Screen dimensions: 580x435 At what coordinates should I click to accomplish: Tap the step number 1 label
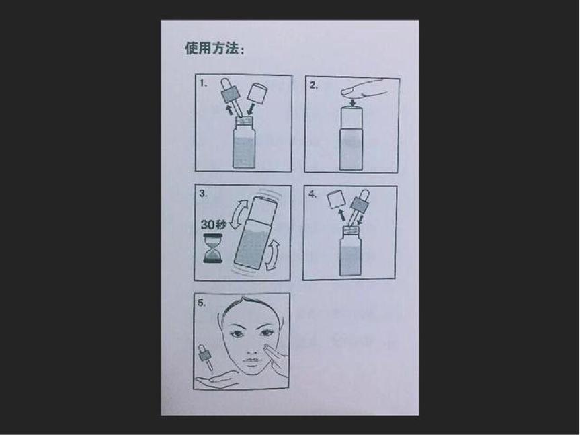[x=203, y=83]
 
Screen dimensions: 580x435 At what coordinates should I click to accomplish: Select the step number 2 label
[x=314, y=85]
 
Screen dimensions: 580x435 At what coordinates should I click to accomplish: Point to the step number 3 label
[x=203, y=194]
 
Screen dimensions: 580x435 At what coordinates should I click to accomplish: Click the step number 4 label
[x=313, y=194]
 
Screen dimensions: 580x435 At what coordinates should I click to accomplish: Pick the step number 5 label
[x=201, y=303]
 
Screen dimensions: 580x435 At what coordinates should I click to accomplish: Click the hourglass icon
[x=212, y=248]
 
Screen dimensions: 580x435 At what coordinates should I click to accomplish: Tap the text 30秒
[x=213, y=225]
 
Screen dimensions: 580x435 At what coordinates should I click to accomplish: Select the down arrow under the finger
[x=353, y=102]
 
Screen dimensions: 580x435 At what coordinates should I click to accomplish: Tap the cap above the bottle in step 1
[x=258, y=93]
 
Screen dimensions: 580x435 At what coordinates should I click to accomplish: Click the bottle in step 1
[x=244, y=143]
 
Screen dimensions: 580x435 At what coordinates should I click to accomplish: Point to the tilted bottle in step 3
[x=255, y=233]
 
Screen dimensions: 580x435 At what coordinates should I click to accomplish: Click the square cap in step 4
[x=336, y=200]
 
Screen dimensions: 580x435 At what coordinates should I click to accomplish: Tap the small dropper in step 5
[x=205, y=357]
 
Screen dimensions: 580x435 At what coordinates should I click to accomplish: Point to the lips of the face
[x=251, y=360]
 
